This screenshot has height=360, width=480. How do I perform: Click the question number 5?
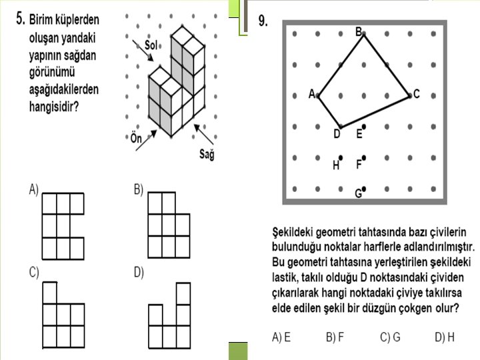[x=20, y=19]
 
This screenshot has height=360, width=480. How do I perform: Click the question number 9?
[x=263, y=21]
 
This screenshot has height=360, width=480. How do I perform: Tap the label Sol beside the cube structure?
[x=151, y=45]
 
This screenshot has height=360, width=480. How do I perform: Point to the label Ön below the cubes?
[x=136, y=138]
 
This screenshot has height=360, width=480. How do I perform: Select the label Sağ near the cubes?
[x=207, y=154]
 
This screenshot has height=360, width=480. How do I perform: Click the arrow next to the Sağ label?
[x=203, y=134]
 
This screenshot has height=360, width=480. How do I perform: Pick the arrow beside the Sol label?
[x=143, y=51]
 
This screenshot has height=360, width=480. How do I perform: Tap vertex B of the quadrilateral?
[x=364, y=34]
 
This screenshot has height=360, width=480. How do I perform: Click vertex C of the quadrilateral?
[x=410, y=96]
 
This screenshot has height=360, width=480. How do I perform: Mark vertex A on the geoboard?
[x=318, y=96]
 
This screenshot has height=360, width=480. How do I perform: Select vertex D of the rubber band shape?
[x=341, y=127]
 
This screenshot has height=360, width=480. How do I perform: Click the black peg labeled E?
[x=364, y=127]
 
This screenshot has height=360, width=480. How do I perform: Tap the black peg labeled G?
[x=364, y=189]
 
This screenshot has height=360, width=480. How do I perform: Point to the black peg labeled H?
[x=341, y=158]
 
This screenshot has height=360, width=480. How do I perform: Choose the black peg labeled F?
[x=364, y=158]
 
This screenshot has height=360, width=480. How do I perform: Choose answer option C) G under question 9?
[x=390, y=337]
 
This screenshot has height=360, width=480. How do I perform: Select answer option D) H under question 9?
[x=445, y=337]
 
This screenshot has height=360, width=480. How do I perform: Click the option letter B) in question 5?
[x=139, y=190]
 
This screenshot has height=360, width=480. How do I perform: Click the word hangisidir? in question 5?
[x=54, y=107]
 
